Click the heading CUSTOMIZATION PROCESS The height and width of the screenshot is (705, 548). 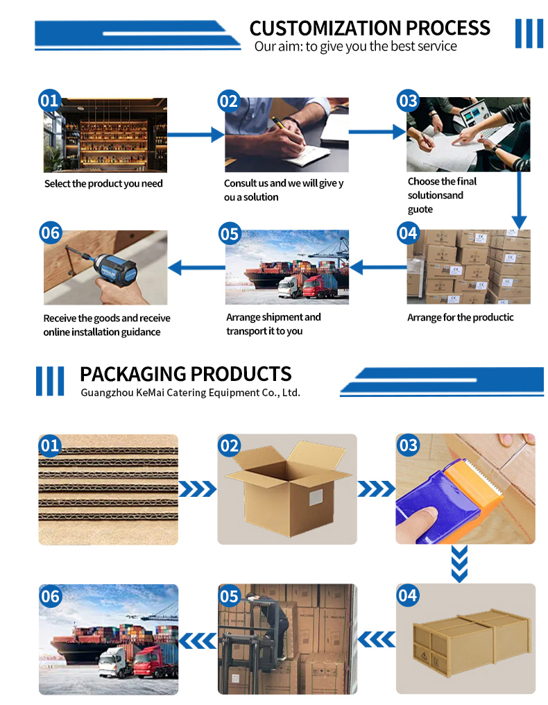(370, 28)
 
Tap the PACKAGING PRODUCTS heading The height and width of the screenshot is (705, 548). (186, 374)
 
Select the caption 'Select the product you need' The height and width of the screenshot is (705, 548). (103, 183)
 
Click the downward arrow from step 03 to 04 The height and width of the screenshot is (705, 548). (520, 200)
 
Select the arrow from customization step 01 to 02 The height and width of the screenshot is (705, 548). (196, 135)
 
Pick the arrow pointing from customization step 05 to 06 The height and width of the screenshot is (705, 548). (196, 268)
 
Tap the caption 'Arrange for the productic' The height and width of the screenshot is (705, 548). (461, 317)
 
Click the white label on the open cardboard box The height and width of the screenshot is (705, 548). (316, 496)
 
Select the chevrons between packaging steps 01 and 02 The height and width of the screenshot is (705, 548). (198, 489)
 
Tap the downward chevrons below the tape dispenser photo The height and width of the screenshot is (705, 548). (459, 564)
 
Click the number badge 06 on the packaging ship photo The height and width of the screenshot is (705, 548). (50, 596)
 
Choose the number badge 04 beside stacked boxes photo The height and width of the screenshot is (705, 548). (408, 233)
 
